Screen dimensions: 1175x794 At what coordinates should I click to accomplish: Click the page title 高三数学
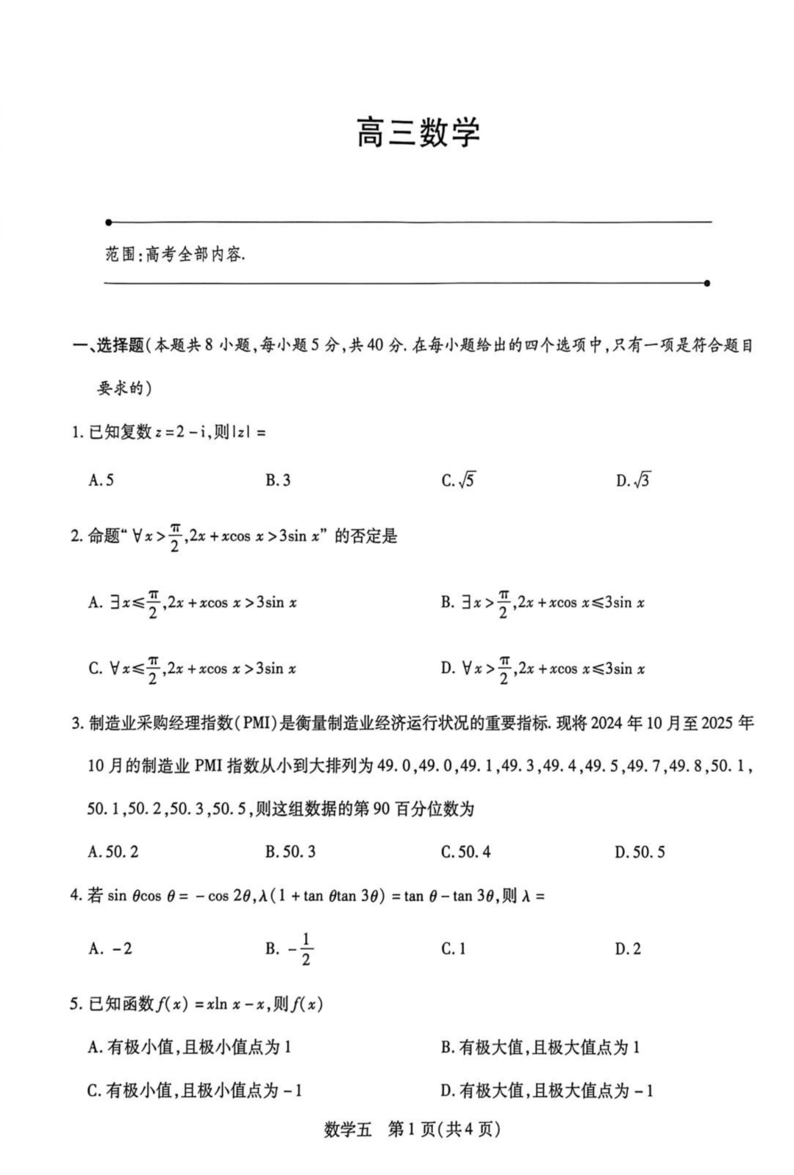coord(418,133)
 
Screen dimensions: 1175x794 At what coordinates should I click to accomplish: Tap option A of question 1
coord(101,481)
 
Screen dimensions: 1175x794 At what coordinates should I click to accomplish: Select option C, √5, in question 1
coord(458,481)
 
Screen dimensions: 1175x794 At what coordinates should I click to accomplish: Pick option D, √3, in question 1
coord(633,481)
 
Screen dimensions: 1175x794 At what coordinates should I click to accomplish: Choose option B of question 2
coord(543,603)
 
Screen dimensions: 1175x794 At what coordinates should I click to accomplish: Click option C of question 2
coord(192,669)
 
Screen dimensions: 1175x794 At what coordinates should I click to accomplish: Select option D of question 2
coord(543,669)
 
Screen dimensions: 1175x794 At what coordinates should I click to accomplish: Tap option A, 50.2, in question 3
coord(113,852)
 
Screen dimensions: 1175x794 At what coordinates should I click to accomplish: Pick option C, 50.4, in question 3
coord(466,852)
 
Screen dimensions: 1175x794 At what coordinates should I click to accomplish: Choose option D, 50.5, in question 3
coord(640,852)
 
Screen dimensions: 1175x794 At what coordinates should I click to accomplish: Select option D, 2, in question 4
coord(628,949)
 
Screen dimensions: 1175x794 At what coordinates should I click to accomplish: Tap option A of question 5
coord(190,1047)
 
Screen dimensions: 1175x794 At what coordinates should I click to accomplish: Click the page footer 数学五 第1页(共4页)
coord(412,1129)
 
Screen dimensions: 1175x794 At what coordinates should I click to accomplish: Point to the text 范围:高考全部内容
coord(175,255)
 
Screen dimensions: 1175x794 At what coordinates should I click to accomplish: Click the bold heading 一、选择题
coord(109,345)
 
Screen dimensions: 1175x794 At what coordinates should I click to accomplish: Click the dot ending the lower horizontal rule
coord(707,283)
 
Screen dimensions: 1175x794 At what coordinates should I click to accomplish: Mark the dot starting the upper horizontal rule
coord(109,221)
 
